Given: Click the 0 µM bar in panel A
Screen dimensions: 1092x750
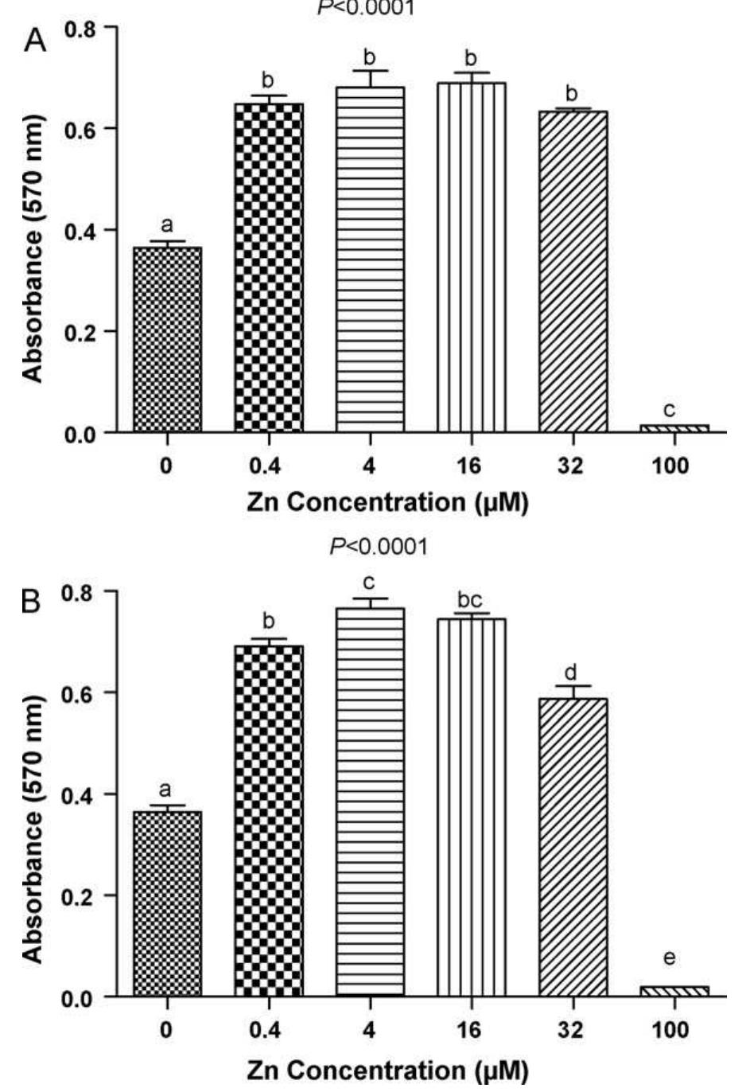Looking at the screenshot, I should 167,340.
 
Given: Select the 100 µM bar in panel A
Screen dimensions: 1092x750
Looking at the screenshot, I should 674,428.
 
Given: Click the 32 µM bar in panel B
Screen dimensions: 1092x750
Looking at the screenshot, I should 573,848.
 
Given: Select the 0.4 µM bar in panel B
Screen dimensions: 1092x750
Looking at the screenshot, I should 269,821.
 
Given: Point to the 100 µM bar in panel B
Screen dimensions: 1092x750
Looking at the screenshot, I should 674,991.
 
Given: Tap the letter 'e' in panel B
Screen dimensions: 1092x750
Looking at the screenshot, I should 670,958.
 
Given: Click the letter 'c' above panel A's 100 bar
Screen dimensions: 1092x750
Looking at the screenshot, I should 670,410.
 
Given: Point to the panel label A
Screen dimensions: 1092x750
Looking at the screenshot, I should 36,41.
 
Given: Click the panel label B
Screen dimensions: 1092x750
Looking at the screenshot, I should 33,603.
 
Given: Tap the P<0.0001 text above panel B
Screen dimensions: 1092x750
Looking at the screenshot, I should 379,547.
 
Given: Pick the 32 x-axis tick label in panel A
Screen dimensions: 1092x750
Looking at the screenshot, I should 571,465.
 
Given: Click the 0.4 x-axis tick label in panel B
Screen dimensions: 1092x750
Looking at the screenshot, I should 266,1029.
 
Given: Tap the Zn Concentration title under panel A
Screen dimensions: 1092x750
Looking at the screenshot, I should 387,504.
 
